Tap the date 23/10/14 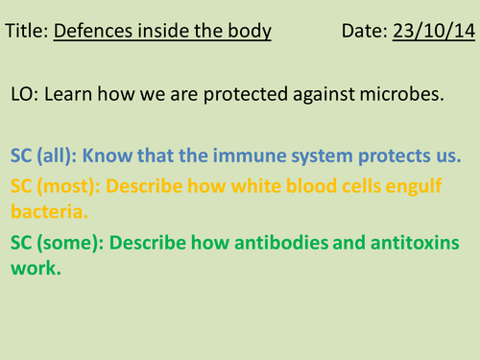[x=432, y=32]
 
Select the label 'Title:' [x=27, y=32]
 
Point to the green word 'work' [x=33, y=270]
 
